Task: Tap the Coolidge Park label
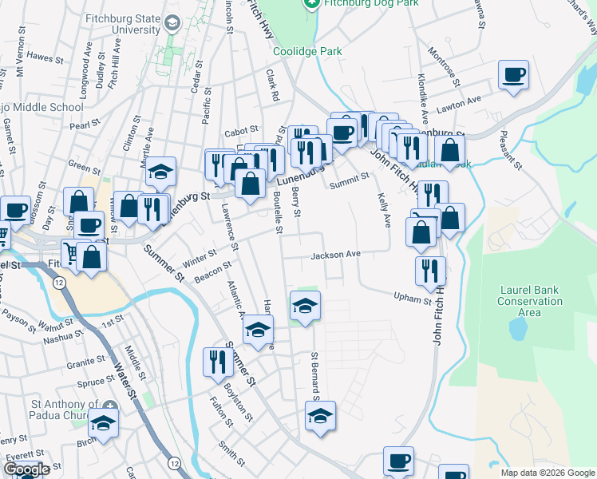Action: coord(307,51)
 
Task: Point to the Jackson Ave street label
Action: coord(336,255)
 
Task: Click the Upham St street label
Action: coord(412,299)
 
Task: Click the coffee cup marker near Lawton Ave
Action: coord(513,76)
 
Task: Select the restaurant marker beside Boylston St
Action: coord(217,362)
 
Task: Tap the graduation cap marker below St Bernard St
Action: coord(320,415)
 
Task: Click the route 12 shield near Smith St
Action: coord(174,462)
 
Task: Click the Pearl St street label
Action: coord(80,125)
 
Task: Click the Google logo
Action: coord(26,469)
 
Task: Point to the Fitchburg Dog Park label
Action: coord(357,4)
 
